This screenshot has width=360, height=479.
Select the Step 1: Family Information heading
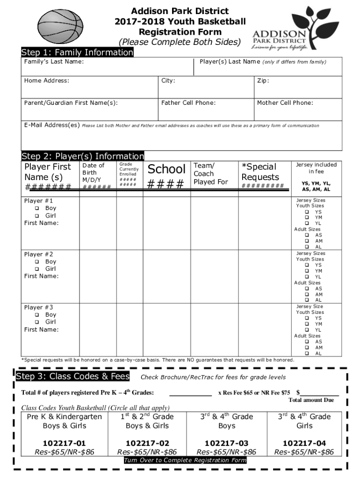point(77,52)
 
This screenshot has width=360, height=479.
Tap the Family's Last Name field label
point(54,62)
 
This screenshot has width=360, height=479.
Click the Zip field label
point(263,80)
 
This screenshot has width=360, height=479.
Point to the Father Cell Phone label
point(188,103)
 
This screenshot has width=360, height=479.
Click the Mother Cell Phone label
point(285,103)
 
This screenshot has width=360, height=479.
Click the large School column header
point(167,169)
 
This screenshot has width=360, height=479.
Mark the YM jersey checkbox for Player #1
point(307,218)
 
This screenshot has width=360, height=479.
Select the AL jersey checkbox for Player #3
point(307,353)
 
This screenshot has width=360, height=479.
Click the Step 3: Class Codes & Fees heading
point(73,377)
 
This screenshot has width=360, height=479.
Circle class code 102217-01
point(65,443)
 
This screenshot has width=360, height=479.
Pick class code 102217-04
point(304,443)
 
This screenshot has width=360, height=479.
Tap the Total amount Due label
point(311,400)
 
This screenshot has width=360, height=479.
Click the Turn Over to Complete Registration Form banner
point(185,460)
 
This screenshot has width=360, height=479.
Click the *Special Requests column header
point(260,172)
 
